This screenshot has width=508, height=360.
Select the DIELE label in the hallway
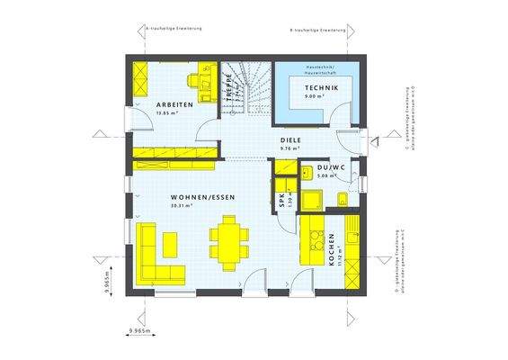coord(290,140)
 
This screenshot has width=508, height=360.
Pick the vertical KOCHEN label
coord(332,247)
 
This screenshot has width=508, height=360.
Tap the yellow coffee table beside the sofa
coord(170,242)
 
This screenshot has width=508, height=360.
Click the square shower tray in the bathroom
coord(313,200)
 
